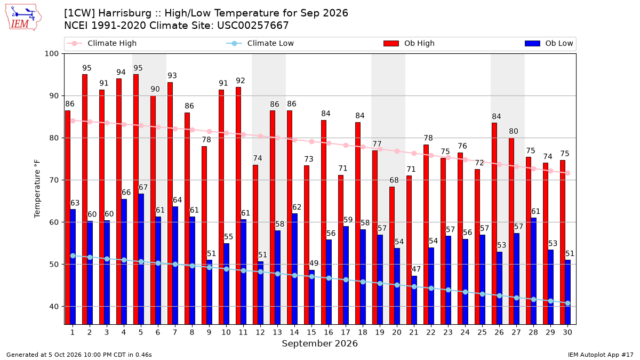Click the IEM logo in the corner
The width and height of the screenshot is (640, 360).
23,17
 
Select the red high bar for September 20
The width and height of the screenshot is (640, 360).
391,255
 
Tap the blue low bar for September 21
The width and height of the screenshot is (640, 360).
414,300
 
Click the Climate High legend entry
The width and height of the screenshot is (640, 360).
101,43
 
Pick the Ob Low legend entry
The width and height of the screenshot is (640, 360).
549,43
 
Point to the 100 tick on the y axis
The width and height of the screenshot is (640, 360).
51,54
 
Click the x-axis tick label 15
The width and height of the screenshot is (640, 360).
311,332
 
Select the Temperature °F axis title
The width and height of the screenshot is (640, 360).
37,189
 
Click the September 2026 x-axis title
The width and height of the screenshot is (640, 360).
319,343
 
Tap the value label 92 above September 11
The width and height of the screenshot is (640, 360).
241,81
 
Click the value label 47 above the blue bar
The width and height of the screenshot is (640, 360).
416,269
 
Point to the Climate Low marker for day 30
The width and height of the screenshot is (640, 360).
567,303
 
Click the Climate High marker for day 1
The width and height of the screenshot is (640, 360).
73,121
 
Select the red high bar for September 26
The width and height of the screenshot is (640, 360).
494,223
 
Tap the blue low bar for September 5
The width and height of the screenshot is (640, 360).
141,259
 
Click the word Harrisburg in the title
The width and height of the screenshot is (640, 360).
125,13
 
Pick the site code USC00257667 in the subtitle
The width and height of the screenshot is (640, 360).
253,26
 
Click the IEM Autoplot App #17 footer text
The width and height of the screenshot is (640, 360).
601,355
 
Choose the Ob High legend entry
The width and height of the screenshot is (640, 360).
409,43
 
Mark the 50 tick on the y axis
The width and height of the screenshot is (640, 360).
54,265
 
